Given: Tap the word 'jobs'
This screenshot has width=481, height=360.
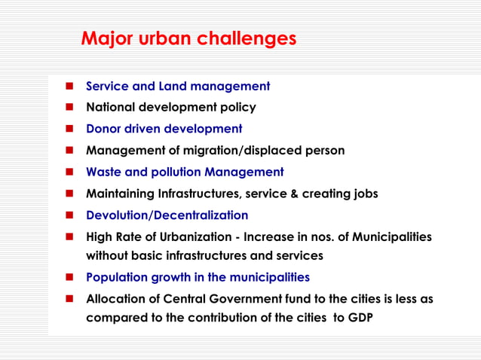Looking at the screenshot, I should tap(362, 194).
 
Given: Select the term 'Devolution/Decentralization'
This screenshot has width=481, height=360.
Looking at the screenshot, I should tap(167, 215).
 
